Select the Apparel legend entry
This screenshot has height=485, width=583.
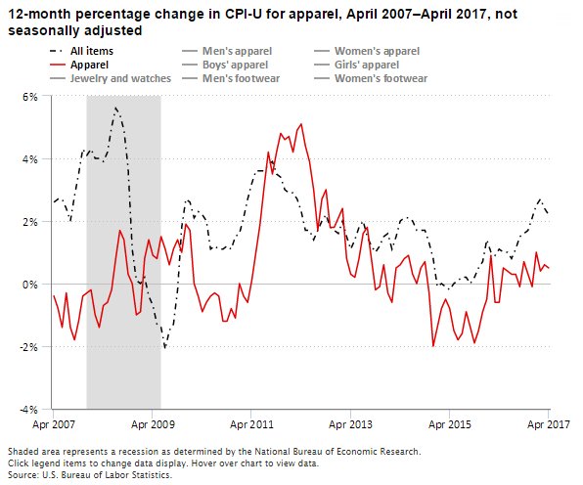click(88, 64)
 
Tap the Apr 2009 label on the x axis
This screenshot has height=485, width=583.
click(153, 425)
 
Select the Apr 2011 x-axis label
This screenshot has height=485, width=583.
click(252, 425)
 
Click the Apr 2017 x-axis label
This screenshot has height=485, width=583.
click(549, 425)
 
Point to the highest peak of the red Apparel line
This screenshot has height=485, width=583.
click(300, 124)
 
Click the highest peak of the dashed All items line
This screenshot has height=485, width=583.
click(115, 108)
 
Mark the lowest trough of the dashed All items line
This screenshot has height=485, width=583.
click(165, 347)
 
